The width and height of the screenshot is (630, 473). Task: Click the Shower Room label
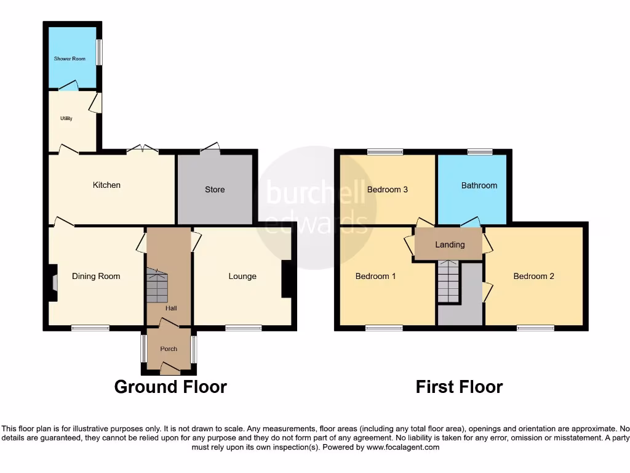click(x=70, y=59)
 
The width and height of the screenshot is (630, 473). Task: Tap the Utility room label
click(x=66, y=118)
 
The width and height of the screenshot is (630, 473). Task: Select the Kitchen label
click(x=106, y=185)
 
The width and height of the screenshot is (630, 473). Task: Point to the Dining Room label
click(x=96, y=276)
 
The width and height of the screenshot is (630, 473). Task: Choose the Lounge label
click(x=242, y=276)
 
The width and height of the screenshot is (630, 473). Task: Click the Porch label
click(x=169, y=349)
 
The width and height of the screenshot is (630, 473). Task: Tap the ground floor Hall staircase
click(x=156, y=285)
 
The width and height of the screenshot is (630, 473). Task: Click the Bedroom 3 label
click(x=388, y=189)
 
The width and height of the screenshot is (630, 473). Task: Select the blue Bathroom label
click(x=479, y=185)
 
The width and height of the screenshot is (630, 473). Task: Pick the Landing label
click(x=450, y=245)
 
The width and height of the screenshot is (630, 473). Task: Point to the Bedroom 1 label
click(x=376, y=276)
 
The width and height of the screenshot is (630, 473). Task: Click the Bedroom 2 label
click(x=534, y=276)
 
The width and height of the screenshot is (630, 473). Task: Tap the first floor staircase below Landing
click(x=449, y=282)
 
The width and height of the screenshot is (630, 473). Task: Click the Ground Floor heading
click(x=170, y=387)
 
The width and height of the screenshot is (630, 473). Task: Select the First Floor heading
click(x=459, y=387)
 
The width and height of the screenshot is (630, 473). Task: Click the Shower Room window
click(x=99, y=52)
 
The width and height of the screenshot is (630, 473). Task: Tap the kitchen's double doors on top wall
click(x=142, y=149)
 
